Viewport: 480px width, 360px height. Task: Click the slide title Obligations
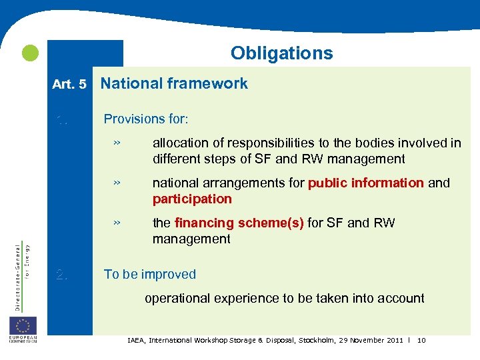[281, 53]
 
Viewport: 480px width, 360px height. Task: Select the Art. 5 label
[69, 84]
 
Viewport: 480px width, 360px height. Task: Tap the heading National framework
[174, 83]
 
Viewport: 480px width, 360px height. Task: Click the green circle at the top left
[29, 53]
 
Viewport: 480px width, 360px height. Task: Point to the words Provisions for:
[146, 119]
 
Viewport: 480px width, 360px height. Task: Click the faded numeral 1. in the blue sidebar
[62, 120]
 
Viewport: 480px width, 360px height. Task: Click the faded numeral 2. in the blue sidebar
[62, 274]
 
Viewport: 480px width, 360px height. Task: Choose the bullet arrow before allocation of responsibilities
[116, 143]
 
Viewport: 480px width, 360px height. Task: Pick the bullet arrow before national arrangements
[116, 183]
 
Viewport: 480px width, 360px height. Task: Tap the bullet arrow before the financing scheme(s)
[116, 223]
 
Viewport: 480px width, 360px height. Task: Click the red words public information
[366, 183]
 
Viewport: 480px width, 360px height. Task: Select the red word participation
[192, 199]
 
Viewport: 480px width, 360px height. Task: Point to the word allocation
[179, 143]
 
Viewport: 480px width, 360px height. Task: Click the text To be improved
[150, 274]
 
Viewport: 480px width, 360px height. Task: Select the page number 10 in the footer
[421, 341]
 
